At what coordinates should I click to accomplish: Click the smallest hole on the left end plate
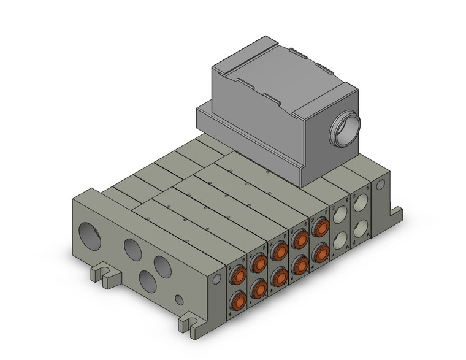(178, 301)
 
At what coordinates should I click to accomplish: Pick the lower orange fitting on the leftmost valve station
(238, 301)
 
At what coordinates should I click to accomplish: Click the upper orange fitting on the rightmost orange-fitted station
(319, 228)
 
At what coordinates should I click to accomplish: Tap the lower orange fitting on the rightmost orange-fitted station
(319, 251)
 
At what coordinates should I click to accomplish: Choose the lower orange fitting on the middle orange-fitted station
(279, 275)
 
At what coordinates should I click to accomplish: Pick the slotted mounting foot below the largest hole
(102, 274)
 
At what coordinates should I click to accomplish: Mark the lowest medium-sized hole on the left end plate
(148, 281)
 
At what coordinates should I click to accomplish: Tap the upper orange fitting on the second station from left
(259, 264)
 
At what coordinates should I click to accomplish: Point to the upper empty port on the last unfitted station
(360, 202)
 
